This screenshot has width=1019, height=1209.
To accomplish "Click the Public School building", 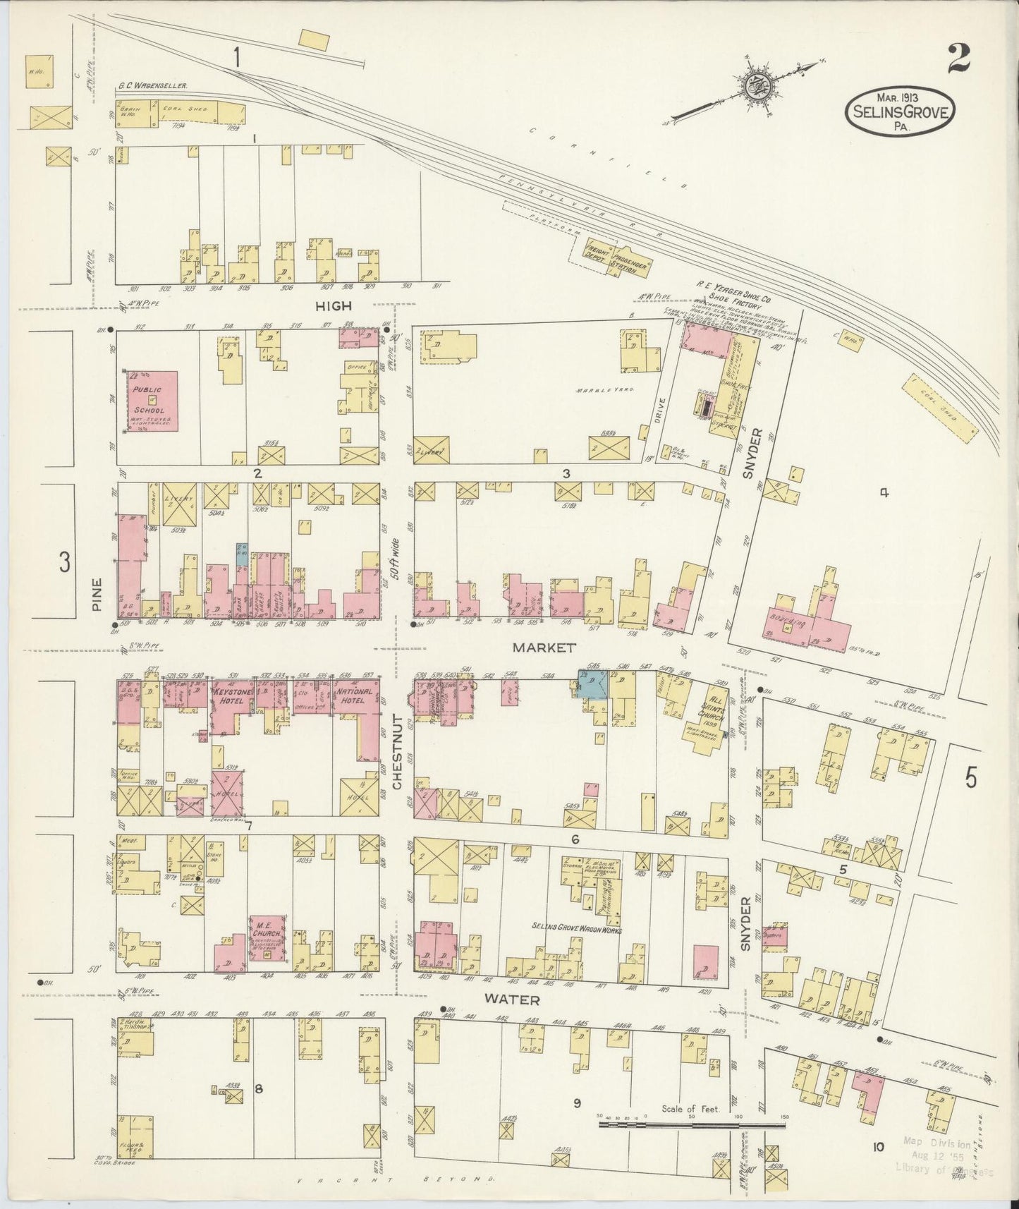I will click(x=152, y=401).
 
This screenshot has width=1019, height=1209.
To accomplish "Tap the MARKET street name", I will click(x=544, y=647).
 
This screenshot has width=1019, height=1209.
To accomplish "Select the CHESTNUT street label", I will click(x=397, y=752).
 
